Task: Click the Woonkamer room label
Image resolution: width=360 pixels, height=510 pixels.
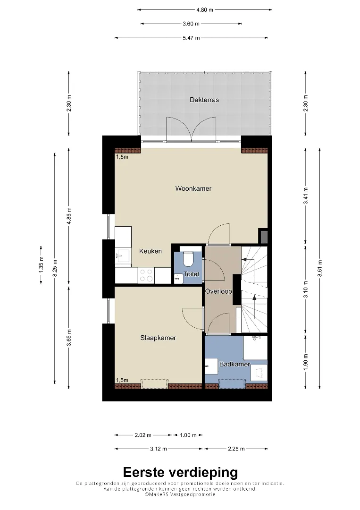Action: tap(193, 188)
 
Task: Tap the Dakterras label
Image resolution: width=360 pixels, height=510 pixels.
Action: tap(204, 100)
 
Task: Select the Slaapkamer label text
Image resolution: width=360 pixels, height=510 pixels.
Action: tap(158, 338)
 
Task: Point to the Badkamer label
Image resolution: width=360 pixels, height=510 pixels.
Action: tap(234, 364)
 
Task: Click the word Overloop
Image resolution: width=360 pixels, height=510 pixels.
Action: tap(218, 291)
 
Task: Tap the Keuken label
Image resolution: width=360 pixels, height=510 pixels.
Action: tap(151, 251)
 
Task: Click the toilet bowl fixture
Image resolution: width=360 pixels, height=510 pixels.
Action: tap(187, 259)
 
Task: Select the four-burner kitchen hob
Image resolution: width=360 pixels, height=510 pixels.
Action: tap(146, 275)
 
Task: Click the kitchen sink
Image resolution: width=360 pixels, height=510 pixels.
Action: tap(123, 255)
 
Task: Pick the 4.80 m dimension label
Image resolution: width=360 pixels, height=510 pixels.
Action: tap(205, 10)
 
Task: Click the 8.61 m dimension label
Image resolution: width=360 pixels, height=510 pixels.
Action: tap(320, 268)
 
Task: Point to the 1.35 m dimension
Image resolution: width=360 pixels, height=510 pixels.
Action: tap(41, 265)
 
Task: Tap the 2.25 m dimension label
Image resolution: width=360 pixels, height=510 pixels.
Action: tap(236, 449)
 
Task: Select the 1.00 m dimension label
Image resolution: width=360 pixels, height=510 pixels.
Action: tap(188, 435)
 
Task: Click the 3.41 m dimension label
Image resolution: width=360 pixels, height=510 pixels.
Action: tap(305, 196)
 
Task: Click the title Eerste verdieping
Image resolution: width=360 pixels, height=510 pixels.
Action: tap(180, 472)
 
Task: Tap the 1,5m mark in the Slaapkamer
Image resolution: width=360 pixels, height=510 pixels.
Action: tap(122, 380)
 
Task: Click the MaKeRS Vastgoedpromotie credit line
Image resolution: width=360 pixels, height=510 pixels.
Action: tap(180, 494)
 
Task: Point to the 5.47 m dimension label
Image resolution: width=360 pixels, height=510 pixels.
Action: tap(191, 38)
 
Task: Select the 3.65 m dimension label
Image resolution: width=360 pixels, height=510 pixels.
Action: tap(68, 338)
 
